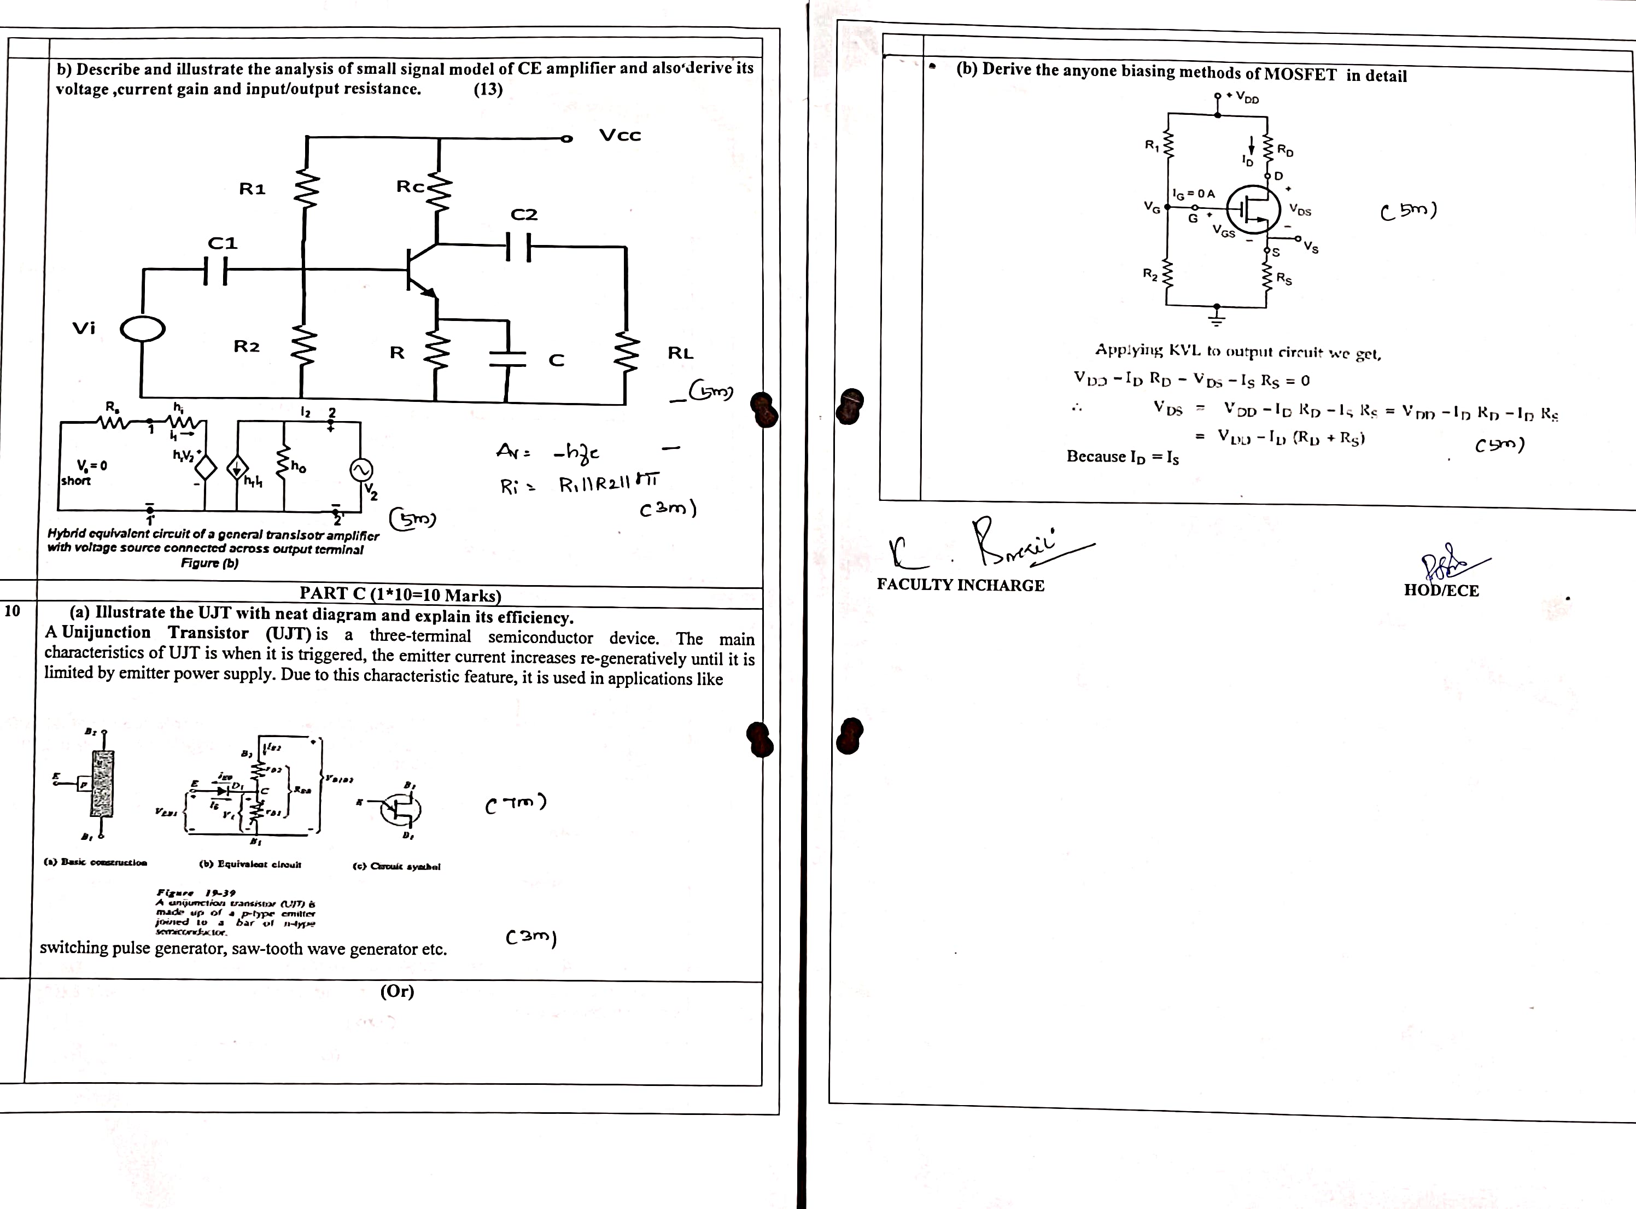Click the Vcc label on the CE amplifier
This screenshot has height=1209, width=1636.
click(619, 136)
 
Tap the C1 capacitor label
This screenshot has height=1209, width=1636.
click(223, 243)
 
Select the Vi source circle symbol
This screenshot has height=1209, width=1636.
click(143, 329)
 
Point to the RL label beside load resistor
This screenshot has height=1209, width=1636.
click(680, 353)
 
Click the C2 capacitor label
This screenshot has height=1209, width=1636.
click(524, 214)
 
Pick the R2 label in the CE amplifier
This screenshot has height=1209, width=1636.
click(247, 346)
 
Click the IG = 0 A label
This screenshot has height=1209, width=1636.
click(1193, 194)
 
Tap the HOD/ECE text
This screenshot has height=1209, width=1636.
click(1441, 591)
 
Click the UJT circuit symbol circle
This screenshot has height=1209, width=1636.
click(401, 808)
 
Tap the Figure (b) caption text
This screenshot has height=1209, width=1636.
click(210, 563)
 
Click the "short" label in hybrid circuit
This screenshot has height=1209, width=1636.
click(76, 481)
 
